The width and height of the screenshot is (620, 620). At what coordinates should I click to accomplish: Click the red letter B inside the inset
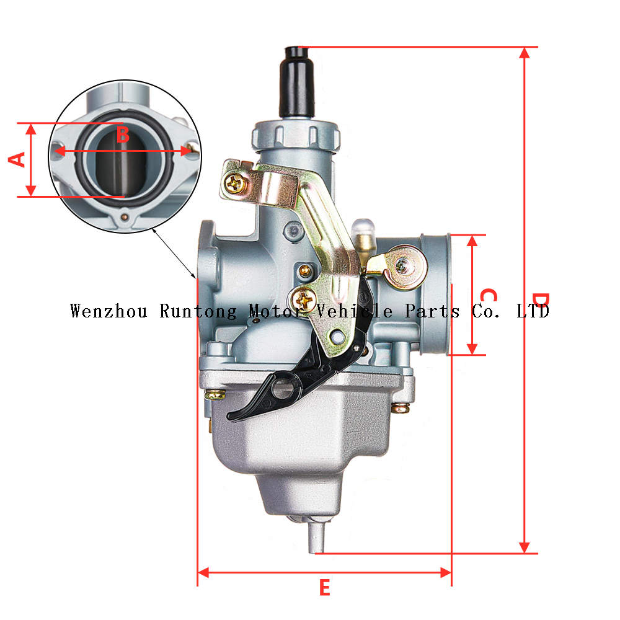coord(123,134)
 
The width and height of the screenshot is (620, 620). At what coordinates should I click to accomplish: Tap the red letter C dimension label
coord(489,296)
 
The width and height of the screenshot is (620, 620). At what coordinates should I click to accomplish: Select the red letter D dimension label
coord(541,300)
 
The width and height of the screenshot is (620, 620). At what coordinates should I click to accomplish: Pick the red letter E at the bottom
coord(324,588)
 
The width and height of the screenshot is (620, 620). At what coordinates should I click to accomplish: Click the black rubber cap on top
coord(297,81)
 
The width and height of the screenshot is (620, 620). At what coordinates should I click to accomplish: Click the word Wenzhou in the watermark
coord(108,311)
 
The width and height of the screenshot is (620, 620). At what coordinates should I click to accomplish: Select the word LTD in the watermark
coord(533,311)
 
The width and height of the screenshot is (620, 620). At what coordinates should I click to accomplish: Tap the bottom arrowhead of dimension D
coord(525,547)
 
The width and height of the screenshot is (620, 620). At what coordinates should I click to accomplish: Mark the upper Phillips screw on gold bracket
coord(236,184)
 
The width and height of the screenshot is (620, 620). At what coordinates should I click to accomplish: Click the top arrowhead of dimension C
coord(472,241)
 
